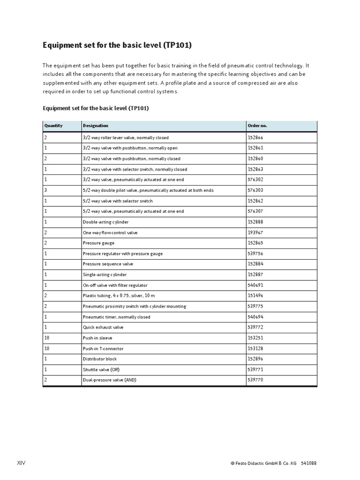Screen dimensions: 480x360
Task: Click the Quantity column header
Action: [x=53, y=126]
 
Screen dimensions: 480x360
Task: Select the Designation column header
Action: [x=96, y=126]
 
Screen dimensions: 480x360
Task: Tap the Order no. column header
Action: [x=257, y=126]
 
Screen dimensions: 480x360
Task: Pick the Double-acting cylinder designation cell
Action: [x=105, y=222]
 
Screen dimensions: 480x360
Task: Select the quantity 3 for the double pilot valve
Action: [x=45, y=190]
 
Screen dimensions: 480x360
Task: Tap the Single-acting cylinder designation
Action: [x=105, y=275]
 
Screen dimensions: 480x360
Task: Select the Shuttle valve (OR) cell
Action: [x=101, y=369]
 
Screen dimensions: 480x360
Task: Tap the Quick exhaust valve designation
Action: [x=103, y=327]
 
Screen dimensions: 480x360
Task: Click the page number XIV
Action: [x=22, y=463]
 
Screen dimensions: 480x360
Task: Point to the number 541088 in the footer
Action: [x=308, y=463]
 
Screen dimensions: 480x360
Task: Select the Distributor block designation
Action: [x=100, y=359]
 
